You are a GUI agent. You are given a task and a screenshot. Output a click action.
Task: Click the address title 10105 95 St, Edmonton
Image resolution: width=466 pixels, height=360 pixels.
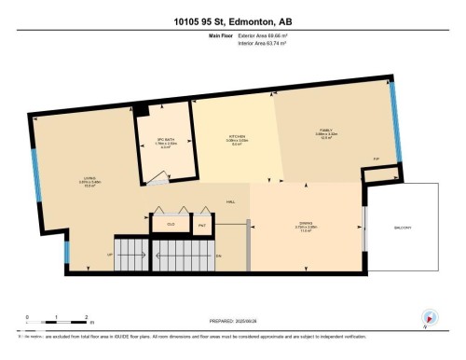233,21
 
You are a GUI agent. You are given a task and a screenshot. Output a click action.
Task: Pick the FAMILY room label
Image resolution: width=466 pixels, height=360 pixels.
326,131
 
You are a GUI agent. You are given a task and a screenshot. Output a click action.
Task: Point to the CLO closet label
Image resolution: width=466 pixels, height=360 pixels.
171,224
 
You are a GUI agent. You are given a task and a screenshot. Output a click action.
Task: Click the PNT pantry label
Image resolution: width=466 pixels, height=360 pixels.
201,224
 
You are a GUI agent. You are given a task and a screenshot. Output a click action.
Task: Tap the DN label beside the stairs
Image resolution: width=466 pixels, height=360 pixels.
218,254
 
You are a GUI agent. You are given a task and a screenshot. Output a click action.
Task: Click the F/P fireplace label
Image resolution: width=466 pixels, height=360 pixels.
377,158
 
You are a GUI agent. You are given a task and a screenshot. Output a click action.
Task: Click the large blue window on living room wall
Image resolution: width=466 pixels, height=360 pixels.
35,172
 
